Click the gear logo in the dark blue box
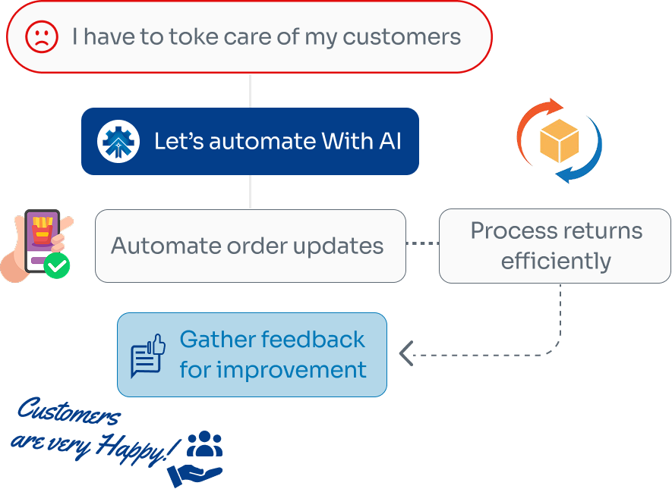tap(118, 141)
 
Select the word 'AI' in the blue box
tap(386, 141)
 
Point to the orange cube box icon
tap(559, 142)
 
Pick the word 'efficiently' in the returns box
tap(556, 262)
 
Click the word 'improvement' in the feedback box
tap(292, 370)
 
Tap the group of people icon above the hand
tap(204, 444)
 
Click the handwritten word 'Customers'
tap(68, 414)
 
